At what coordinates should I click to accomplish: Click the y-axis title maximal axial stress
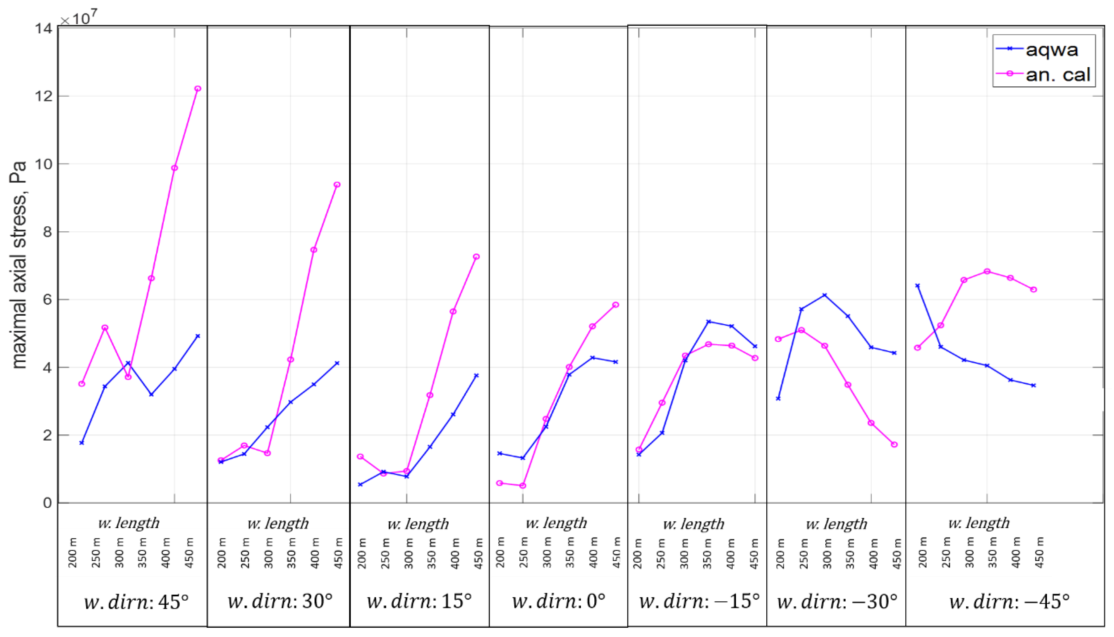coord(18,265)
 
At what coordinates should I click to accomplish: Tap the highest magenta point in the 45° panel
coord(198,89)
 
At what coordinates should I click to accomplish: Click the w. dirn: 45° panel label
coord(136,602)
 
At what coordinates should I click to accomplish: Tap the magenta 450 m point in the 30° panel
coord(337,185)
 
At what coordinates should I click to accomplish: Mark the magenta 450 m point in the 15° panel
coord(476,257)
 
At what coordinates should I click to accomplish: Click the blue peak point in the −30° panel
coord(825,295)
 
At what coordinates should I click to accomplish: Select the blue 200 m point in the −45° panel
coord(918,286)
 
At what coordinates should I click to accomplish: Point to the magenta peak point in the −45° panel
coord(987,272)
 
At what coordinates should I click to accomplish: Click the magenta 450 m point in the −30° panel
coord(894,445)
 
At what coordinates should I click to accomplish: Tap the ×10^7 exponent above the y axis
coord(79,18)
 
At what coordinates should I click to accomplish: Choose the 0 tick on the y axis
coord(47,503)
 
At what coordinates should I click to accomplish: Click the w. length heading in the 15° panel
coord(418,524)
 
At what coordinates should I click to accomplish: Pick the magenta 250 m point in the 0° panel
coord(523,486)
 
